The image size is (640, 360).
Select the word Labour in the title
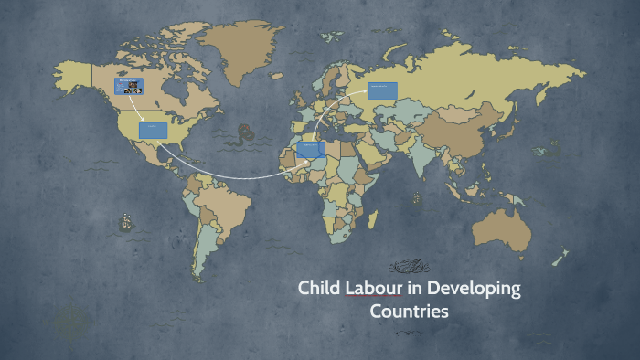coord(371,289)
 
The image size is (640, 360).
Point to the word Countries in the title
coord(409,312)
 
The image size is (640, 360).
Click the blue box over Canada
coord(129,87)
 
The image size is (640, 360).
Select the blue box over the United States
coord(153,130)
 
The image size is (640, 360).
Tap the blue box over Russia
coord(383,90)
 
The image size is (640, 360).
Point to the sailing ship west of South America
coord(125,221)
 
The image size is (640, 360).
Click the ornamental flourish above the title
coord(409,267)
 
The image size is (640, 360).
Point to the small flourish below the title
coord(409,332)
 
